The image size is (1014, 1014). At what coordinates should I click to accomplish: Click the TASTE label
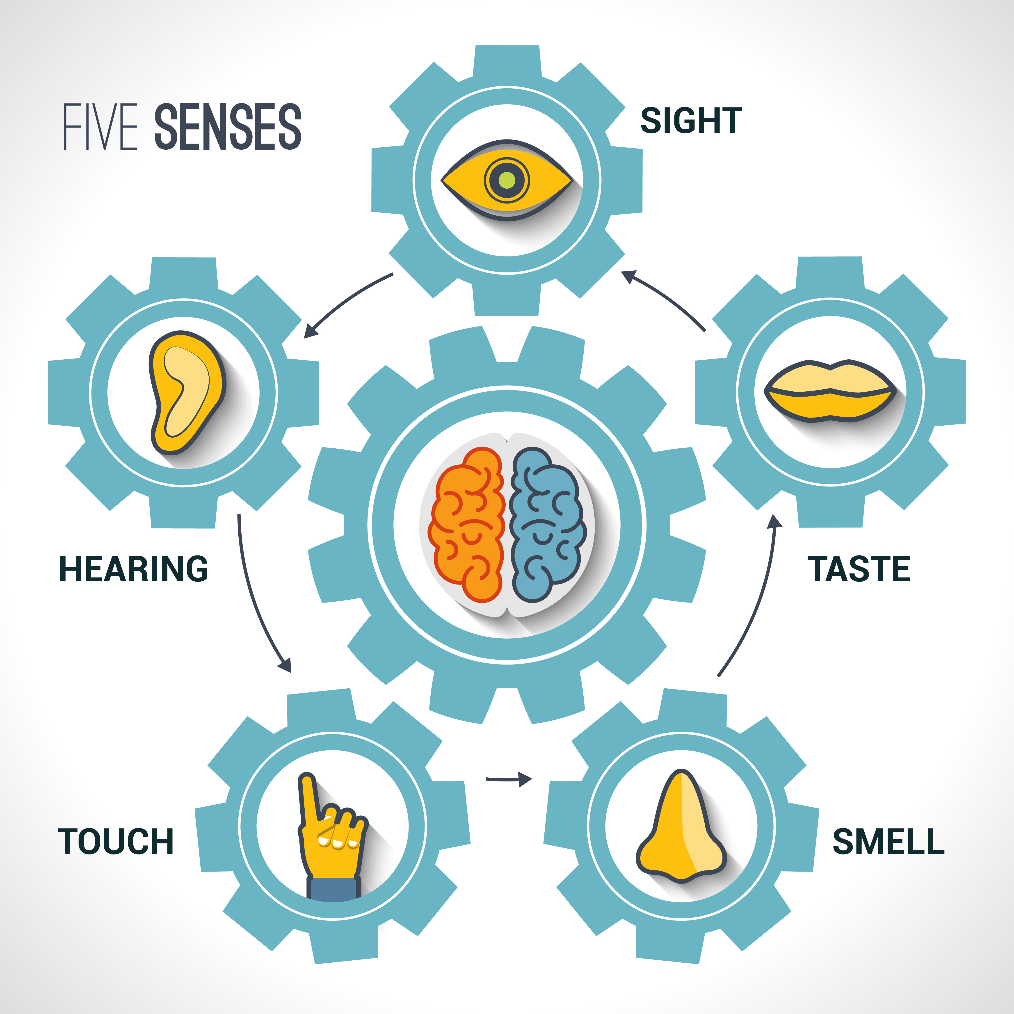859,569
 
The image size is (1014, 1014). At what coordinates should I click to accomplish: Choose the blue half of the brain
546,525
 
